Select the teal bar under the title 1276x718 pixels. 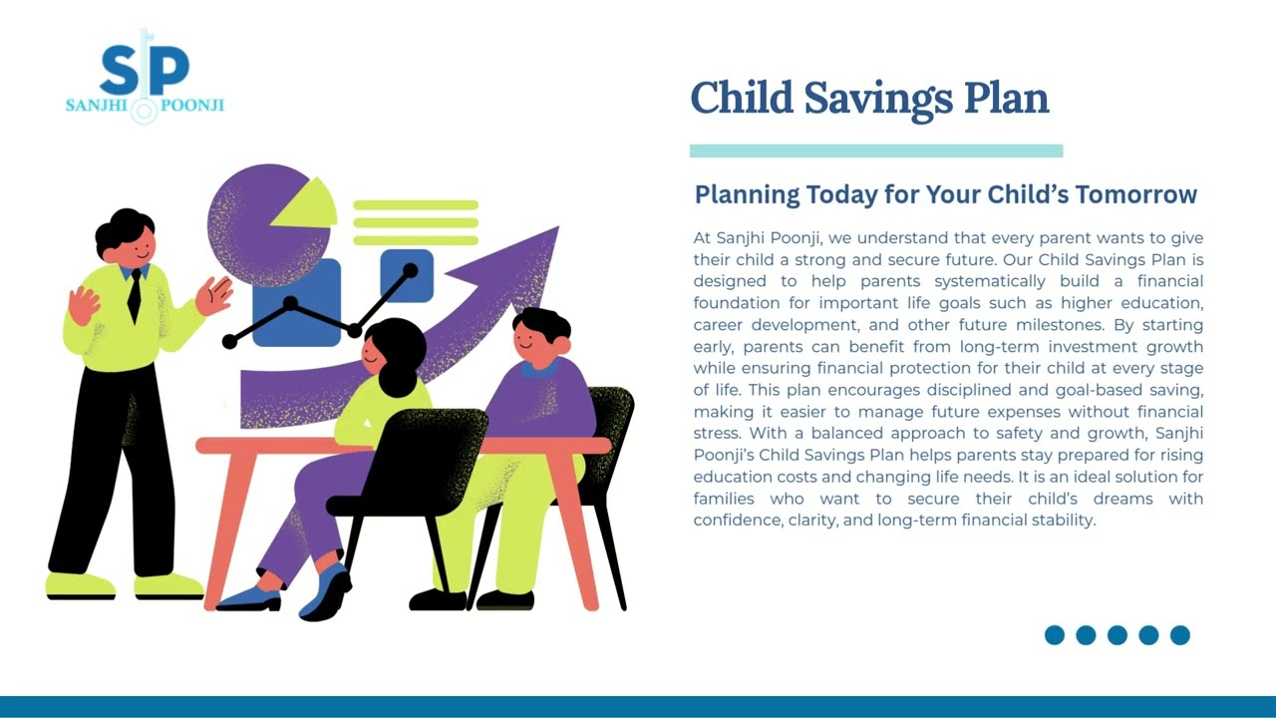[x=875, y=152]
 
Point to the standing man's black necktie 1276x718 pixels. [x=134, y=295]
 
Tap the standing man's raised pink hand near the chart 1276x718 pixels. [x=213, y=295]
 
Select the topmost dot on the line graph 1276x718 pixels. [x=410, y=269]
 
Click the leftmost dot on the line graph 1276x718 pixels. [x=229, y=342]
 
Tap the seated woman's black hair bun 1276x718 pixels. [x=399, y=377]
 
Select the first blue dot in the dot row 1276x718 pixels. [x=1055, y=635]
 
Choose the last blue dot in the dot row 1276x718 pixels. [x=1179, y=635]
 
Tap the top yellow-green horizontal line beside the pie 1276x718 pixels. [x=416, y=205]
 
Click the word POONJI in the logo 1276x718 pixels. [x=191, y=105]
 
